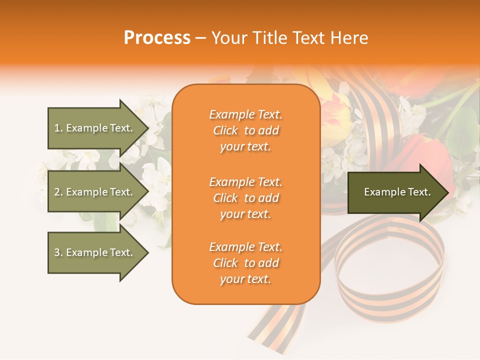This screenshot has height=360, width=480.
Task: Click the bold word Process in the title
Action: (x=157, y=38)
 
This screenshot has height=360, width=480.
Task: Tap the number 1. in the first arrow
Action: (x=58, y=128)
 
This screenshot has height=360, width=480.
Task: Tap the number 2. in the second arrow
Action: (x=58, y=192)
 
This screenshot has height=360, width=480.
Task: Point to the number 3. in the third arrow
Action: (x=58, y=252)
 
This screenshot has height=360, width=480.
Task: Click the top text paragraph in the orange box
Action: (x=245, y=130)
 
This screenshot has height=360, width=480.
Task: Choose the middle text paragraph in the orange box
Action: (x=245, y=198)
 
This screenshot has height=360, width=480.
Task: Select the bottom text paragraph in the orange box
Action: (x=245, y=263)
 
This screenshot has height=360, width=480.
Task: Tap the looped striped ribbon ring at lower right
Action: (x=390, y=270)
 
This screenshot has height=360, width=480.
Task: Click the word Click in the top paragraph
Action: (x=225, y=130)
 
